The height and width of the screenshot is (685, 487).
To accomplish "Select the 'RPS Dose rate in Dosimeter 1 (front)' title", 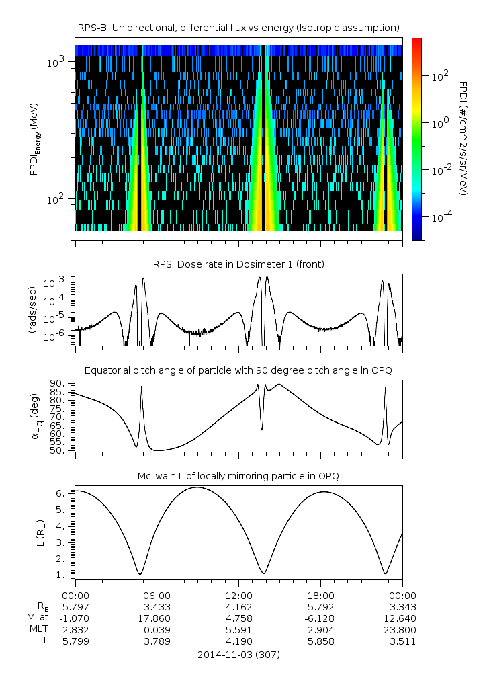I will (238, 264).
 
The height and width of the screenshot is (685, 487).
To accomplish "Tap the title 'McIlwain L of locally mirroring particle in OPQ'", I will (238, 476).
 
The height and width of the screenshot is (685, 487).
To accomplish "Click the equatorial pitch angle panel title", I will (238, 370).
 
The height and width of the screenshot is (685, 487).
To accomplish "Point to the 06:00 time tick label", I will (157, 595).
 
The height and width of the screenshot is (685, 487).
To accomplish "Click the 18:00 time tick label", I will (320, 595).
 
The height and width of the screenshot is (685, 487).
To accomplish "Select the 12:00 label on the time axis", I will (238, 595).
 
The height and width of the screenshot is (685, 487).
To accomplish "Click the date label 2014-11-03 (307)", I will (238, 654).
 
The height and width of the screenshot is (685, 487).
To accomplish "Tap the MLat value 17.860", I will (157, 618).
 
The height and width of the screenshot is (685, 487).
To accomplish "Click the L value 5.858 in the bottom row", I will (320, 641).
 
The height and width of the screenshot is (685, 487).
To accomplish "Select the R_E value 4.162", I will (238, 606).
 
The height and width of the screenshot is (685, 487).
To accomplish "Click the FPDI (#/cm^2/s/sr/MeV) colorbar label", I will (463, 138).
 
